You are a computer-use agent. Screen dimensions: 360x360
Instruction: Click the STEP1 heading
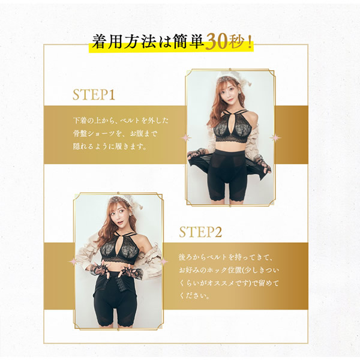coord(94,95)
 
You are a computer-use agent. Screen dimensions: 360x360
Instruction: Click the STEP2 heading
coord(200,232)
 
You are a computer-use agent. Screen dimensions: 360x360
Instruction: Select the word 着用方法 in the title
coord(124,42)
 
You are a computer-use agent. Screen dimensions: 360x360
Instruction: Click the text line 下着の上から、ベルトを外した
coord(121,121)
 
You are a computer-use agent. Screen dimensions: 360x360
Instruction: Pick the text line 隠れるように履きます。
coord(110,146)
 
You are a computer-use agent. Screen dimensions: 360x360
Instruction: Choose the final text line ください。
coord(194,296)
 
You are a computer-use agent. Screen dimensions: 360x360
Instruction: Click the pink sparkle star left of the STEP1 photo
coord(185,138)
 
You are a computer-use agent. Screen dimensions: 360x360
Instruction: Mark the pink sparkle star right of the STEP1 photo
coord(275,138)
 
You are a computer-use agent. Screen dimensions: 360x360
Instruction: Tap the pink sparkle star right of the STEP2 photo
coord(164,262)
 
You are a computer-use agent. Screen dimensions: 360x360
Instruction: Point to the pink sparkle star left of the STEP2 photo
coord(73,262)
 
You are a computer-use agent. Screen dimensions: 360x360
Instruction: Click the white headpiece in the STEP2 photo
coord(125,202)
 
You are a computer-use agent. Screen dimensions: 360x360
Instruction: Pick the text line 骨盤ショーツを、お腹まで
coord(115,133)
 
